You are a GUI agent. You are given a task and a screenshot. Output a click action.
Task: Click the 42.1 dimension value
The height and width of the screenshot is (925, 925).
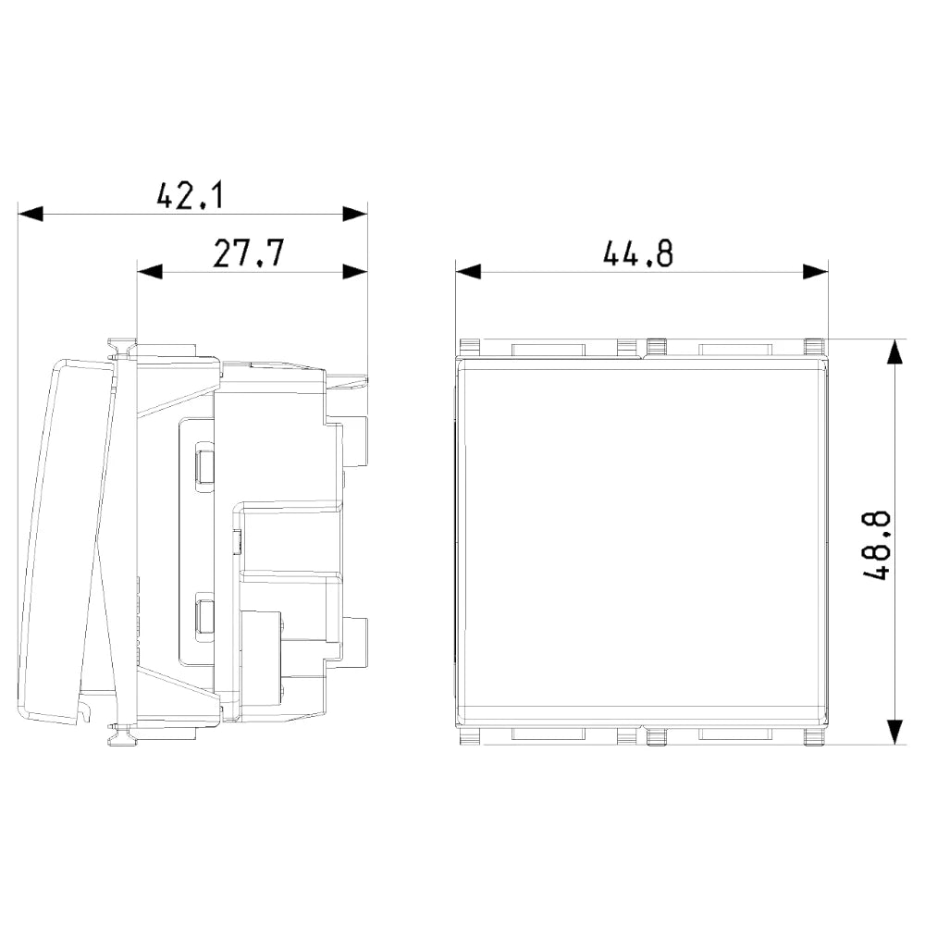(190, 195)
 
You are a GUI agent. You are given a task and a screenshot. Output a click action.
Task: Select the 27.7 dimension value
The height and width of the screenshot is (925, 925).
(248, 253)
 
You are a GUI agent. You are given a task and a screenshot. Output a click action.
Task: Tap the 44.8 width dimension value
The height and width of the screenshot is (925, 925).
(637, 253)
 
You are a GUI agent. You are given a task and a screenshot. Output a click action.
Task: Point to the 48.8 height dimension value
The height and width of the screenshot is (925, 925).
(875, 546)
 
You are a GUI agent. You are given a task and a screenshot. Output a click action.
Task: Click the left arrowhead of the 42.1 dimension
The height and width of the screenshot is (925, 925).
(31, 214)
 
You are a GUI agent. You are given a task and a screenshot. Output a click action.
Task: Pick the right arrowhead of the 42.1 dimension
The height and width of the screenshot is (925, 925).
(355, 214)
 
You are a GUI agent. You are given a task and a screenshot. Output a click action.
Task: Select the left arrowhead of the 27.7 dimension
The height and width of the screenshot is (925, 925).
(149, 271)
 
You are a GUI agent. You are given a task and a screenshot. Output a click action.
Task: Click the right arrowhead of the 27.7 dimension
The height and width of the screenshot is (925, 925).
(355, 271)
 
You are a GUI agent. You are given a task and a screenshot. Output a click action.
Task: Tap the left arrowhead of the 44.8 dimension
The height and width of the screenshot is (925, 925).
(468, 271)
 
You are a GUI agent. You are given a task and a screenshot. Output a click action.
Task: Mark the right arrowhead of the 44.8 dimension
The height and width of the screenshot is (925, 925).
(816, 271)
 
